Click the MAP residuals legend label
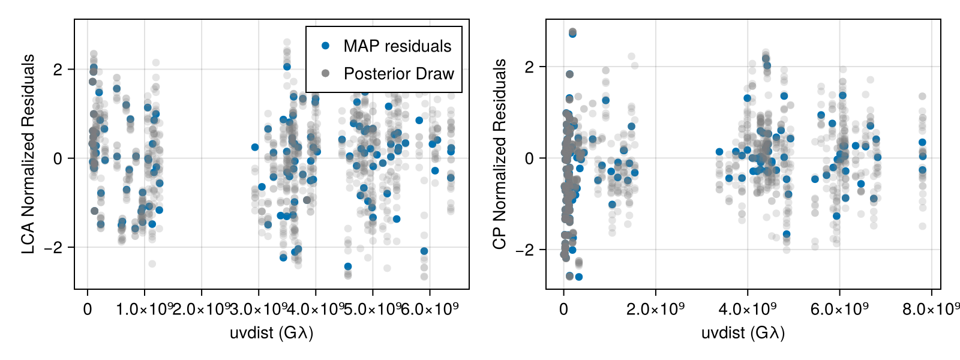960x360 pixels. coord(397,46)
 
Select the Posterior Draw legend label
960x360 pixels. coord(398,74)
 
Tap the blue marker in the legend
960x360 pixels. coord(326,46)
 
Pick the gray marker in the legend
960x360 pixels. coord(326,73)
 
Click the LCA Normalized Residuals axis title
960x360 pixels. coord(28,154)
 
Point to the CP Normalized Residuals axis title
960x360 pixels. coord(499,154)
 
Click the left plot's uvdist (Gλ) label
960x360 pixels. coord(271,332)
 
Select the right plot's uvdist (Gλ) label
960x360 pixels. coord(743,332)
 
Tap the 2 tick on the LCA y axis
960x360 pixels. coord(58,70)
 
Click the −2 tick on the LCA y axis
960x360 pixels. coord(54,248)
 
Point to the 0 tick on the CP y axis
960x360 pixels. coord(529,158)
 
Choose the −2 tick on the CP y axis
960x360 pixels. coord(526,250)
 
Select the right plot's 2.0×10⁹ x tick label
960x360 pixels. coord(655,310)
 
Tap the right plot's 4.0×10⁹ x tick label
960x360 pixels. coord(748,310)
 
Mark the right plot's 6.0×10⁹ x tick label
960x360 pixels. coord(839,310)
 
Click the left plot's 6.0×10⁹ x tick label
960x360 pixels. coord(430,310)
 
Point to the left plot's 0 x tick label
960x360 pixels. coord(88,310)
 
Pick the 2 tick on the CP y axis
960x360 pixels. coord(529,67)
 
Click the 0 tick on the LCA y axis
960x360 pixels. coord(58,158)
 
